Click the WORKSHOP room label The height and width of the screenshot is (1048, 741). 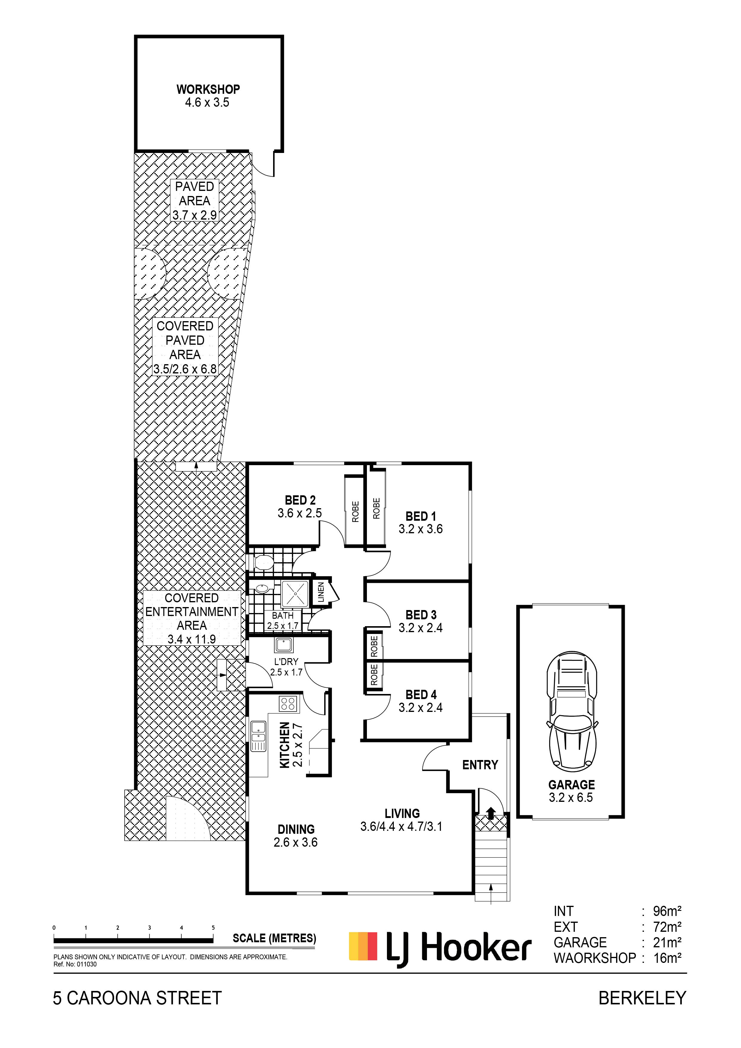[x=208, y=89]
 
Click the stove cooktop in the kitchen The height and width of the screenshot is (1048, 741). [x=288, y=703]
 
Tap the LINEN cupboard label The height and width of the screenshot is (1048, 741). [x=321, y=592]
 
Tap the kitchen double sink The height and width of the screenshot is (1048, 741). [x=258, y=735]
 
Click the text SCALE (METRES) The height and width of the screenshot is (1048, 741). [x=274, y=938]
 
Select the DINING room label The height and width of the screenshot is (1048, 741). [x=296, y=829]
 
